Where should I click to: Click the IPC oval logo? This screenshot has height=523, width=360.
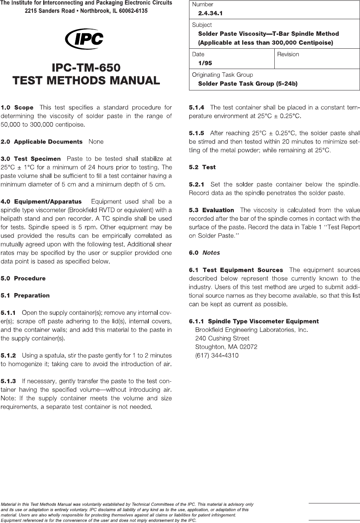pyautogui.click(x=84, y=39)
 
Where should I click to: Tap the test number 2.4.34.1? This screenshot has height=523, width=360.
pyautogui.click(x=210, y=13)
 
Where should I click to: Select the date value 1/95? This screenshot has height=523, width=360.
pyautogui.click(x=205, y=63)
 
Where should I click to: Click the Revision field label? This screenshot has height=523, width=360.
pyautogui.click(x=288, y=54)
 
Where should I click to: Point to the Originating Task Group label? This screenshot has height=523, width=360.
pyautogui.click(x=222, y=75)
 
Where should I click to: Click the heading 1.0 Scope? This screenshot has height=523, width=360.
pyautogui.click(x=17, y=108)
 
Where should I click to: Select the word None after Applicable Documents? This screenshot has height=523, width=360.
pyautogui.click(x=96, y=142)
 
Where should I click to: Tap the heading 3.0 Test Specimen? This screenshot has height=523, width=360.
pyautogui.click(x=31, y=159)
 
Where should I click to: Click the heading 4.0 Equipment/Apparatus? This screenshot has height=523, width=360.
pyautogui.click(x=41, y=202)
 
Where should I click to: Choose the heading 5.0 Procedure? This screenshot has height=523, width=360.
pyautogui.click(x=23, y=278)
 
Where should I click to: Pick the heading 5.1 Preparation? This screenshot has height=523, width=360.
pyautogui.click(x=25, y=295)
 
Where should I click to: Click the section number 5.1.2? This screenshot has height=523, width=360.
pyautogui.click(x=8, y=356)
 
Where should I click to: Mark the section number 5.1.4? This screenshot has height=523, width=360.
pyautogui.click(x=196, y=108)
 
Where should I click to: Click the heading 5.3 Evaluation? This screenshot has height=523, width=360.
pyautogui.click(x=211, y=210)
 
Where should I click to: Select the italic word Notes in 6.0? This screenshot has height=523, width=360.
pyautogui.click(x=211, y=253)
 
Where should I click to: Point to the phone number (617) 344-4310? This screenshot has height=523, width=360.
pyautogui.click(x=217, y=355)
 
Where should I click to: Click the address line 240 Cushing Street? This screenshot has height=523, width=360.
pyautogui.click(x=222, y=338)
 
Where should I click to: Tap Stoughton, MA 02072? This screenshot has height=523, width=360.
pyautogui.click(x=226, y=347)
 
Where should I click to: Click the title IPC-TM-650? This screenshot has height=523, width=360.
pyautogui.click(x=86, y=68)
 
